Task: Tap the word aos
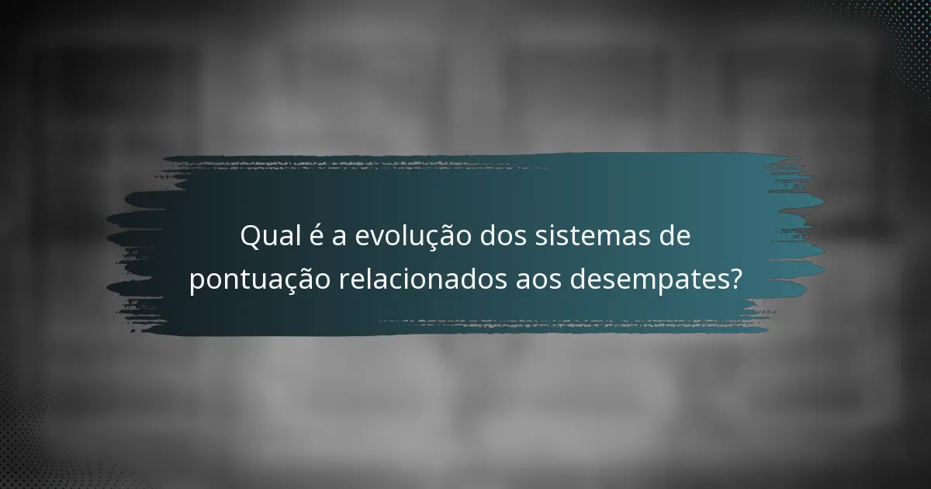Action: [539, 280]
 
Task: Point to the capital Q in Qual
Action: [251, 236]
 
